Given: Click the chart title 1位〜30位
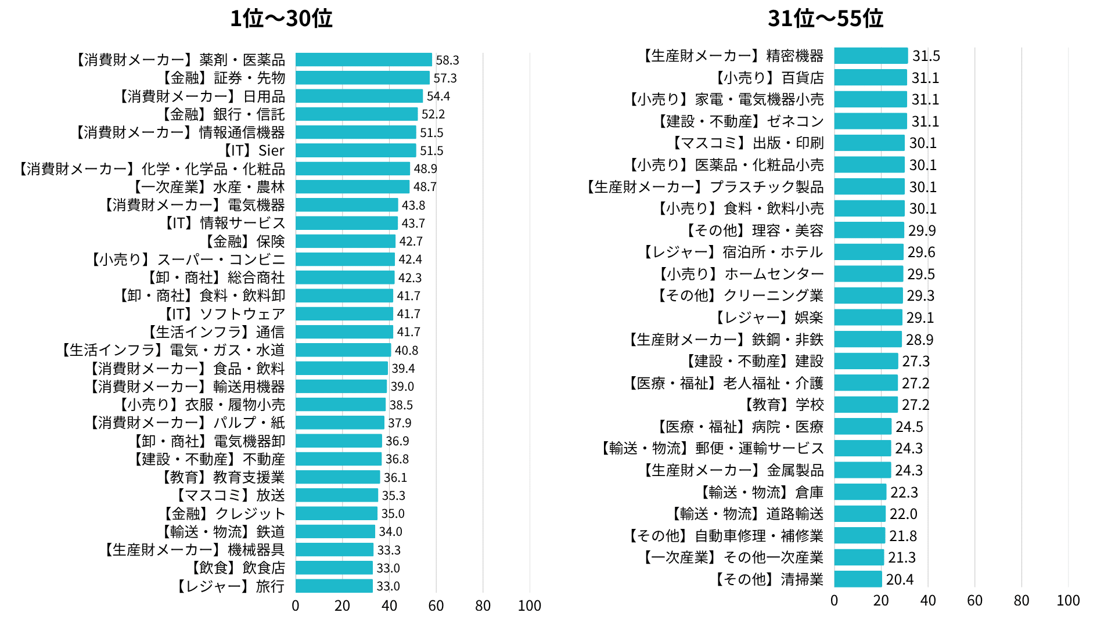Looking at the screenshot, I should pyautogui.click(x=281, y=19).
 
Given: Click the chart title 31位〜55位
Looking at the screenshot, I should pyautogui.click(x=825, y=19).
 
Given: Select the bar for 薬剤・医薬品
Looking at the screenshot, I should pyautogui.click(x=364, y=60).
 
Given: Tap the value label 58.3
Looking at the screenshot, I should pyautogui.click(x=447, y=60).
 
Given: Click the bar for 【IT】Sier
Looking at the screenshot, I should pyautogui.click(x=355, y=150).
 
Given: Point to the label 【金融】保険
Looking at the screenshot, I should pyautogui.click(x=243, y=242).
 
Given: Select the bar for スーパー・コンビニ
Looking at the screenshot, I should pyautogui.click(x=345, y=260).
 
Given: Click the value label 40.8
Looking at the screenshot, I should pyautogui.click(x=406, y=351).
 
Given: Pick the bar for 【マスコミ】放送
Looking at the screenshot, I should pyautogui.click(x=337, y=495).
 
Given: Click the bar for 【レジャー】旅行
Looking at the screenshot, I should pyautogui.click(x=334, y=586).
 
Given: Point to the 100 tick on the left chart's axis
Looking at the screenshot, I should pyautogui.click(x=529, y=606).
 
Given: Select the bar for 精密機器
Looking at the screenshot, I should pyautogui.click(x=871, y=56).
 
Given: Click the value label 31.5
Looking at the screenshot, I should pyautogui.click(x=926, y=56).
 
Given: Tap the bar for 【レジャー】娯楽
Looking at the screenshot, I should pyautogui.click(x=868, y=318).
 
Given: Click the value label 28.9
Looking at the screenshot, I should pyautogui.click(x=919, y=340).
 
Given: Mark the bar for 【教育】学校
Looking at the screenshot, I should pyautogui.click(x=866, y=405).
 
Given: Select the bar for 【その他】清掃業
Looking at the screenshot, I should pyautogui.click(x=858, y=579).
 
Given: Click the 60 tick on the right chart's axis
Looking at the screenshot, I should pyautogui.click(x=974, y=601).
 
